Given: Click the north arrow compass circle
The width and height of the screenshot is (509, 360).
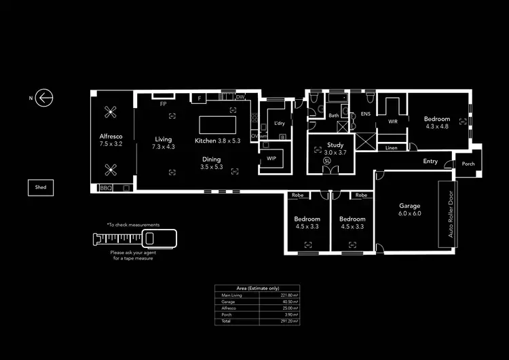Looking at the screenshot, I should click(45, 98).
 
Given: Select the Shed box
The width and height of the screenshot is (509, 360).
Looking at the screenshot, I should click(41, 187).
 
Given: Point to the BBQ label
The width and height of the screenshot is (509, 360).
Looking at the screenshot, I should click(105, 187).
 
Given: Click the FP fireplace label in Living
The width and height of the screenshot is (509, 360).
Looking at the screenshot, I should click(163, 105).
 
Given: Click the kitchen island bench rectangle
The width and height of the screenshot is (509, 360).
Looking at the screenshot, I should click(217, 126).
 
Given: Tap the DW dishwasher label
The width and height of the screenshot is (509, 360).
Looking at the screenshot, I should click(240, 97).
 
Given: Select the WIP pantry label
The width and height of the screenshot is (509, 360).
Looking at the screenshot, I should click(271, 158).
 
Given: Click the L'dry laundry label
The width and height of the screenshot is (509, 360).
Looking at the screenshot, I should click(279, 124).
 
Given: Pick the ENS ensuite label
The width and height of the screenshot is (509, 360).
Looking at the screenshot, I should click(365, 114).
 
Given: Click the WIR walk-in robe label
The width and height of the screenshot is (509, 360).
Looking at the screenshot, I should click(392, 122).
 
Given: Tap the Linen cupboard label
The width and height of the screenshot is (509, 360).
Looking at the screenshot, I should click(392, 147).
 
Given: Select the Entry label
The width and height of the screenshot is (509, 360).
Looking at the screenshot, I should click(430, 162).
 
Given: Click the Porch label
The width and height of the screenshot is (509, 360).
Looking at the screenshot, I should click(468, 164).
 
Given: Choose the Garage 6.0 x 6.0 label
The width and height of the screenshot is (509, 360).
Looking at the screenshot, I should click(410, 209).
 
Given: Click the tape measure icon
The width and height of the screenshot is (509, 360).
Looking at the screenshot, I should click(134, 238).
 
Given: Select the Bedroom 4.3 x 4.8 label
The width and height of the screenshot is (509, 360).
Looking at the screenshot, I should click(437, 122).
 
